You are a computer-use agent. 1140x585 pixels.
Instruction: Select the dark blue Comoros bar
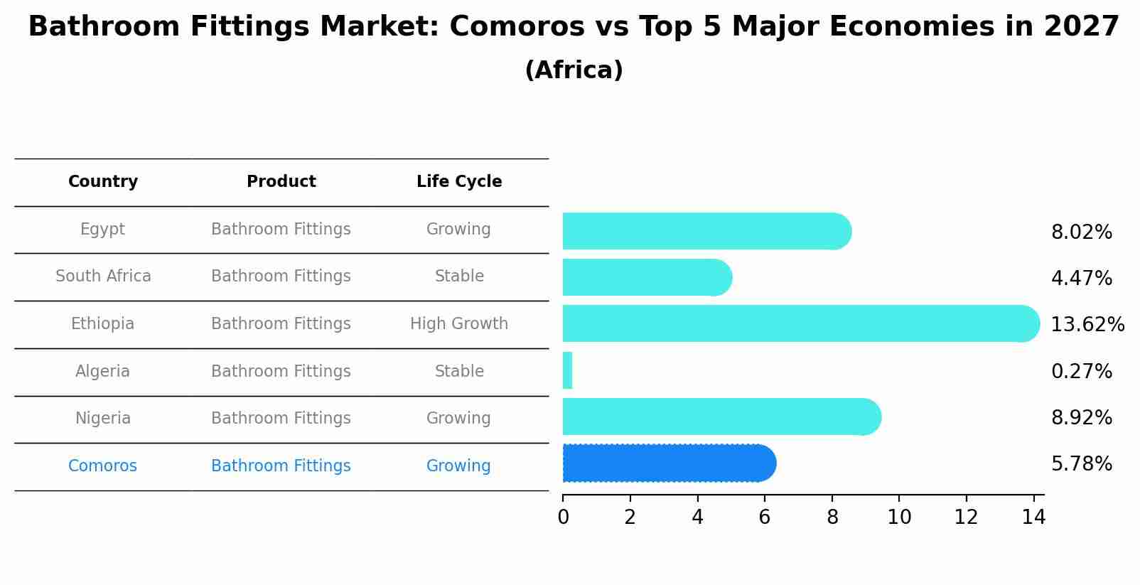[x=668, y=463]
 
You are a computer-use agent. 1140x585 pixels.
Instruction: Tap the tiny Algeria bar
[x=567, y=370]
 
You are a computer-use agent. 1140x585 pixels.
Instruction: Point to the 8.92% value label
[x=1081, y=418]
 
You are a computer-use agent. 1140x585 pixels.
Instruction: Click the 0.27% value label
[x=1081, y=371]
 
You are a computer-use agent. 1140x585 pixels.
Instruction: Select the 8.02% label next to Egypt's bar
[x=1081, y=232]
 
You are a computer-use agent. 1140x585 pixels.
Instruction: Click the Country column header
[x=103, y=182]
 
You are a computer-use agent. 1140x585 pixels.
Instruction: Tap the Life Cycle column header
[x=459, y=182]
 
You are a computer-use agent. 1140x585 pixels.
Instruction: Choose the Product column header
[x=281, y=182]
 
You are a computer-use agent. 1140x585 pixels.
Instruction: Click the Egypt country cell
[x=102, y=230]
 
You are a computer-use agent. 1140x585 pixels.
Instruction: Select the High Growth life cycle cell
[x=459, y=324]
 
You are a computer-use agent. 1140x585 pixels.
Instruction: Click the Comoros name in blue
[x=102, y=466]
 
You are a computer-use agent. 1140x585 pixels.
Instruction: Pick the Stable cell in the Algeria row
[x=459, y=372]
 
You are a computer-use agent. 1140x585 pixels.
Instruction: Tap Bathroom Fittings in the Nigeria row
[x=281, y=419]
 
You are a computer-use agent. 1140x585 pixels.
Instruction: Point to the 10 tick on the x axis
[x=899, y=517]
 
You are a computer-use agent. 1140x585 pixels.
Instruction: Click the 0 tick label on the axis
[x=563, y=517]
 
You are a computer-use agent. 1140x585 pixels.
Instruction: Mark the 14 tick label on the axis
[x=1033, y=517]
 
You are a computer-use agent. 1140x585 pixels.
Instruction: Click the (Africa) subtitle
[x=574, y=70]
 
